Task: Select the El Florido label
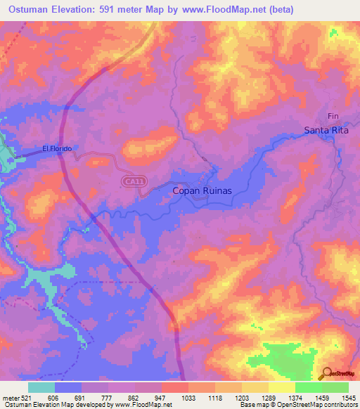tap(57, 148)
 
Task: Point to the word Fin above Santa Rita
tap(333, 116)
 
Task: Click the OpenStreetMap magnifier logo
tap(326, 373)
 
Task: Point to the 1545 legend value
tap(348, 398)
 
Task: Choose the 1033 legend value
tap(188, 398)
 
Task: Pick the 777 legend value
tap(108, 398)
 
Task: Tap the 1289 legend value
tap(268, 398)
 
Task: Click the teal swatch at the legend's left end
tap(41, 387)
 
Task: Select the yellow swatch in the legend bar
tap(281, 387)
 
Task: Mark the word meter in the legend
tap(11, 398)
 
